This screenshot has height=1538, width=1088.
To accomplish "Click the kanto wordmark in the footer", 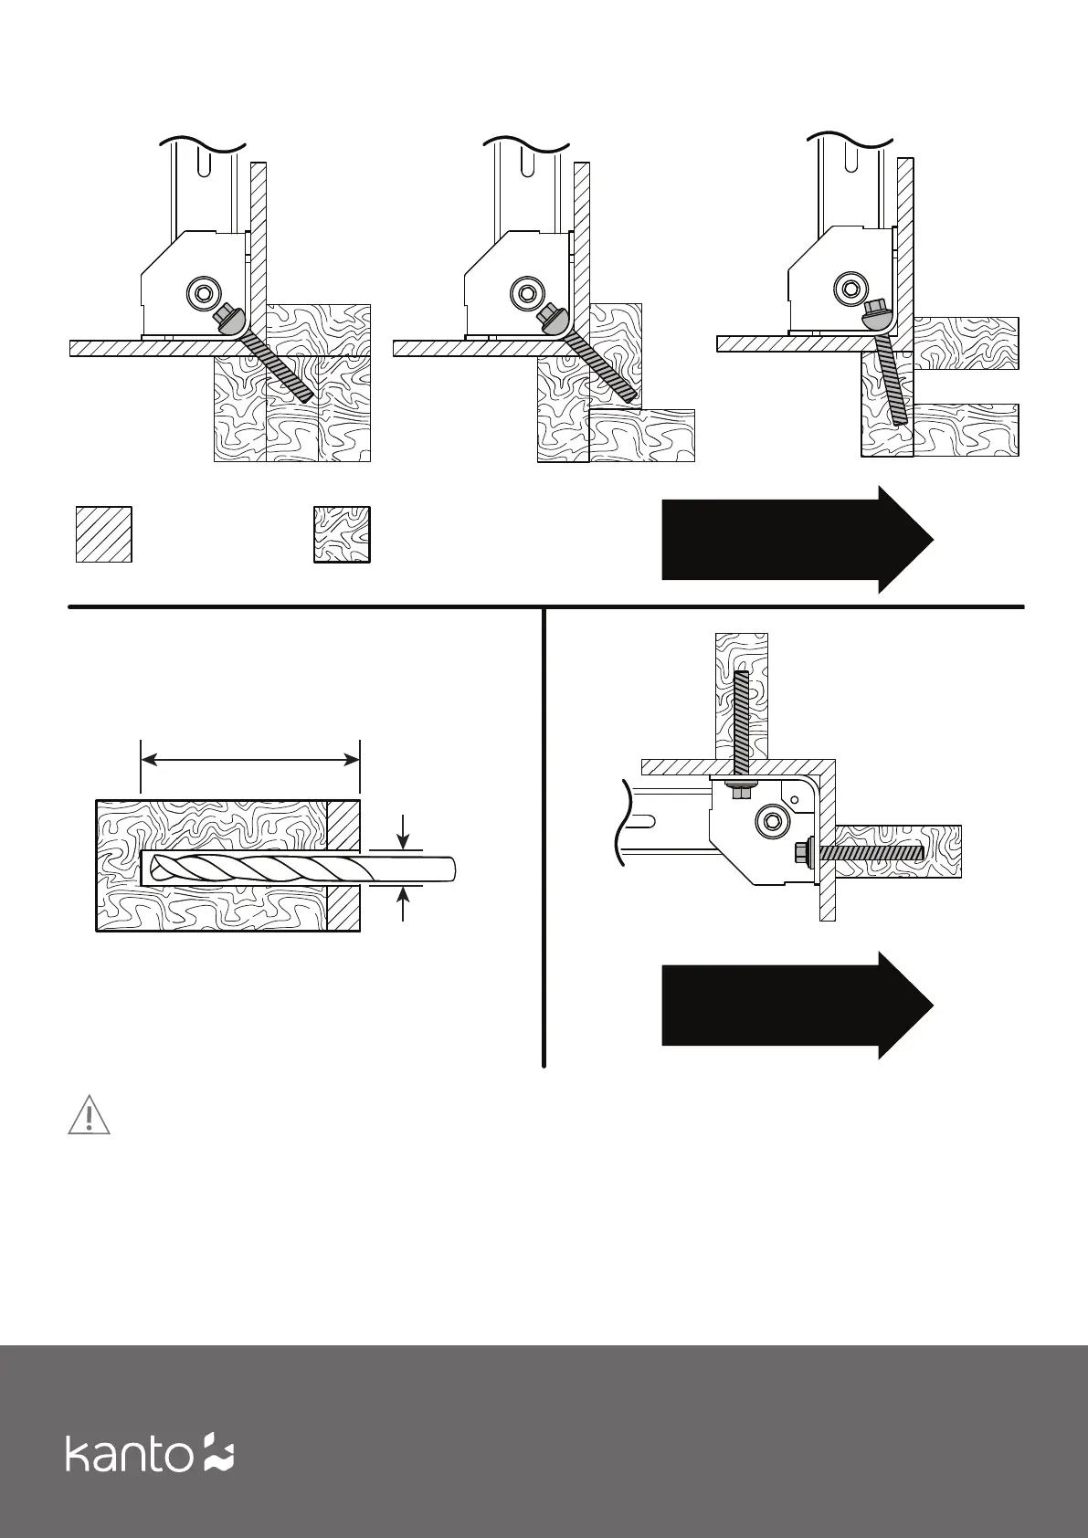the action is click(x=128, y=1452).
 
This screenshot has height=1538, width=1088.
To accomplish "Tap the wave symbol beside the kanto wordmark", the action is click(x=218, y=1452).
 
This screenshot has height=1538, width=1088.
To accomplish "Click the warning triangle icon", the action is click(x=89, y=1116).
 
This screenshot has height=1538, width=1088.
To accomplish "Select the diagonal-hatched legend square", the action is click(x=103, y=533).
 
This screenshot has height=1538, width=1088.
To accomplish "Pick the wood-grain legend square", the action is click(x=342, y=533).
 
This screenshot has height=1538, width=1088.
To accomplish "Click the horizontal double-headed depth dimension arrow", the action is click(x=250, y=759).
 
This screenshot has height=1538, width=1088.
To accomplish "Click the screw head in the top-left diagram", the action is click(x=227, y=319).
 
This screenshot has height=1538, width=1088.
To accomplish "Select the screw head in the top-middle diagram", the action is click(x=552, y=319).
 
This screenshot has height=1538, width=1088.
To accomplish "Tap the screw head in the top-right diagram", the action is click(x=874, y=318).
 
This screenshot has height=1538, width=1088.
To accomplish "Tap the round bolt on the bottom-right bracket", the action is click(x=774, y=819).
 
